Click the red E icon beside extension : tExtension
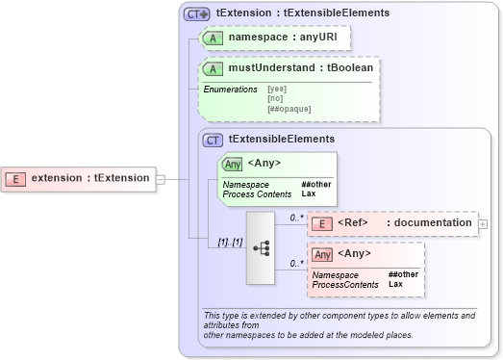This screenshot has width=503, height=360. tap(16, 178)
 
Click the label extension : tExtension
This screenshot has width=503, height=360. tap(90, 178)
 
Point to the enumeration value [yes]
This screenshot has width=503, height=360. tap(277, 90)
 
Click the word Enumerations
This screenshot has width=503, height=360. tap(232, 90)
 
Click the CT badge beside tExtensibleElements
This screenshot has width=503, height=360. tap(214, 140)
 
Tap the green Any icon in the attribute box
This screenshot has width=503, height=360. tap(233, 164)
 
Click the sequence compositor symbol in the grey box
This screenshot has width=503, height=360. tap(261, 246)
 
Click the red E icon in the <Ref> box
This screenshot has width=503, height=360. tap(324, 223)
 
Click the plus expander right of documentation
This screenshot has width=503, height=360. tap(483, 223)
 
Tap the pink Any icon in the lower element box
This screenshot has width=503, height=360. tap(323, 254)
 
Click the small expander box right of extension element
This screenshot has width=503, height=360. tap(161, 178)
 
